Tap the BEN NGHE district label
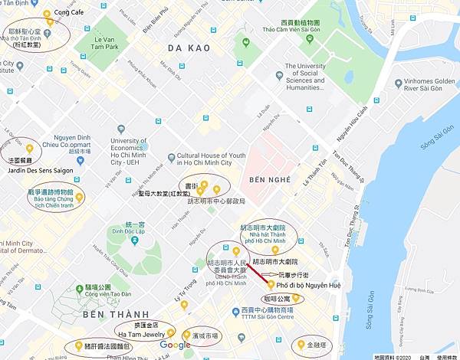(271, 179)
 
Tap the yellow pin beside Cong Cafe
(47, 14)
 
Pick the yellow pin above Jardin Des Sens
(29, 148)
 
